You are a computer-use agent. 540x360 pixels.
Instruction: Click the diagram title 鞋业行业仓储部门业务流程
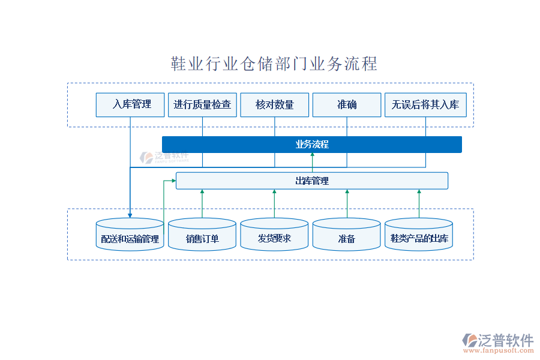pos(274,64)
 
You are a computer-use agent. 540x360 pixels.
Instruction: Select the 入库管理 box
pos(131,104)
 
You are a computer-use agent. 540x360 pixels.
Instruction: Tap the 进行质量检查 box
pos(202,104)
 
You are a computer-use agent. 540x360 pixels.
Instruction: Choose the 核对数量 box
pos(275,104)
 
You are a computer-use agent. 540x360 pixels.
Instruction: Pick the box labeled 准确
pos(347,104)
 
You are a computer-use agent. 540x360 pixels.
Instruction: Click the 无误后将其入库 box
pos(425,104)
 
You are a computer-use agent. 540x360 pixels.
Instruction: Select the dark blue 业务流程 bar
pos(312,145)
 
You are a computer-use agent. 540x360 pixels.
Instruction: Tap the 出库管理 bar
pos(312,181)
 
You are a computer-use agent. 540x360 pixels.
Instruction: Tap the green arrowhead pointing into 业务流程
pos(312,155)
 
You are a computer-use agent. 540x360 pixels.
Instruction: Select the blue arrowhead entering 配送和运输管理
pos(130,214)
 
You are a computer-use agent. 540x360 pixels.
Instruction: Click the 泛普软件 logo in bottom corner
pos(497,340)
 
